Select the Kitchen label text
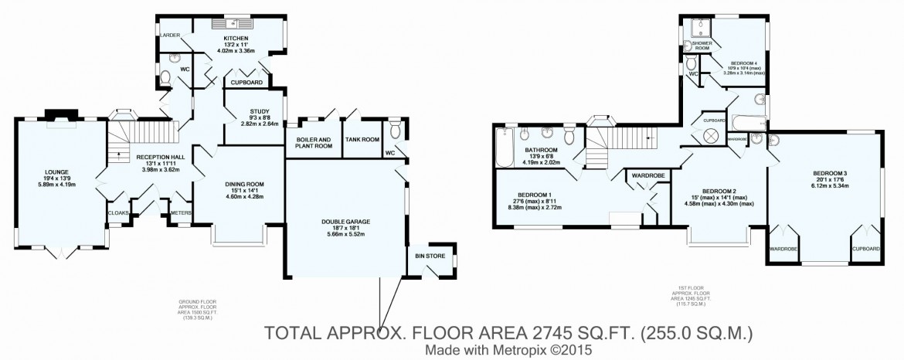[235, 38]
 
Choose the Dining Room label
[244, 184]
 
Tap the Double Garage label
[345, 222]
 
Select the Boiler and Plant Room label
[313, 142]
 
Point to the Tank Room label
[363, 139]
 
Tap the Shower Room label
[702, 46]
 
